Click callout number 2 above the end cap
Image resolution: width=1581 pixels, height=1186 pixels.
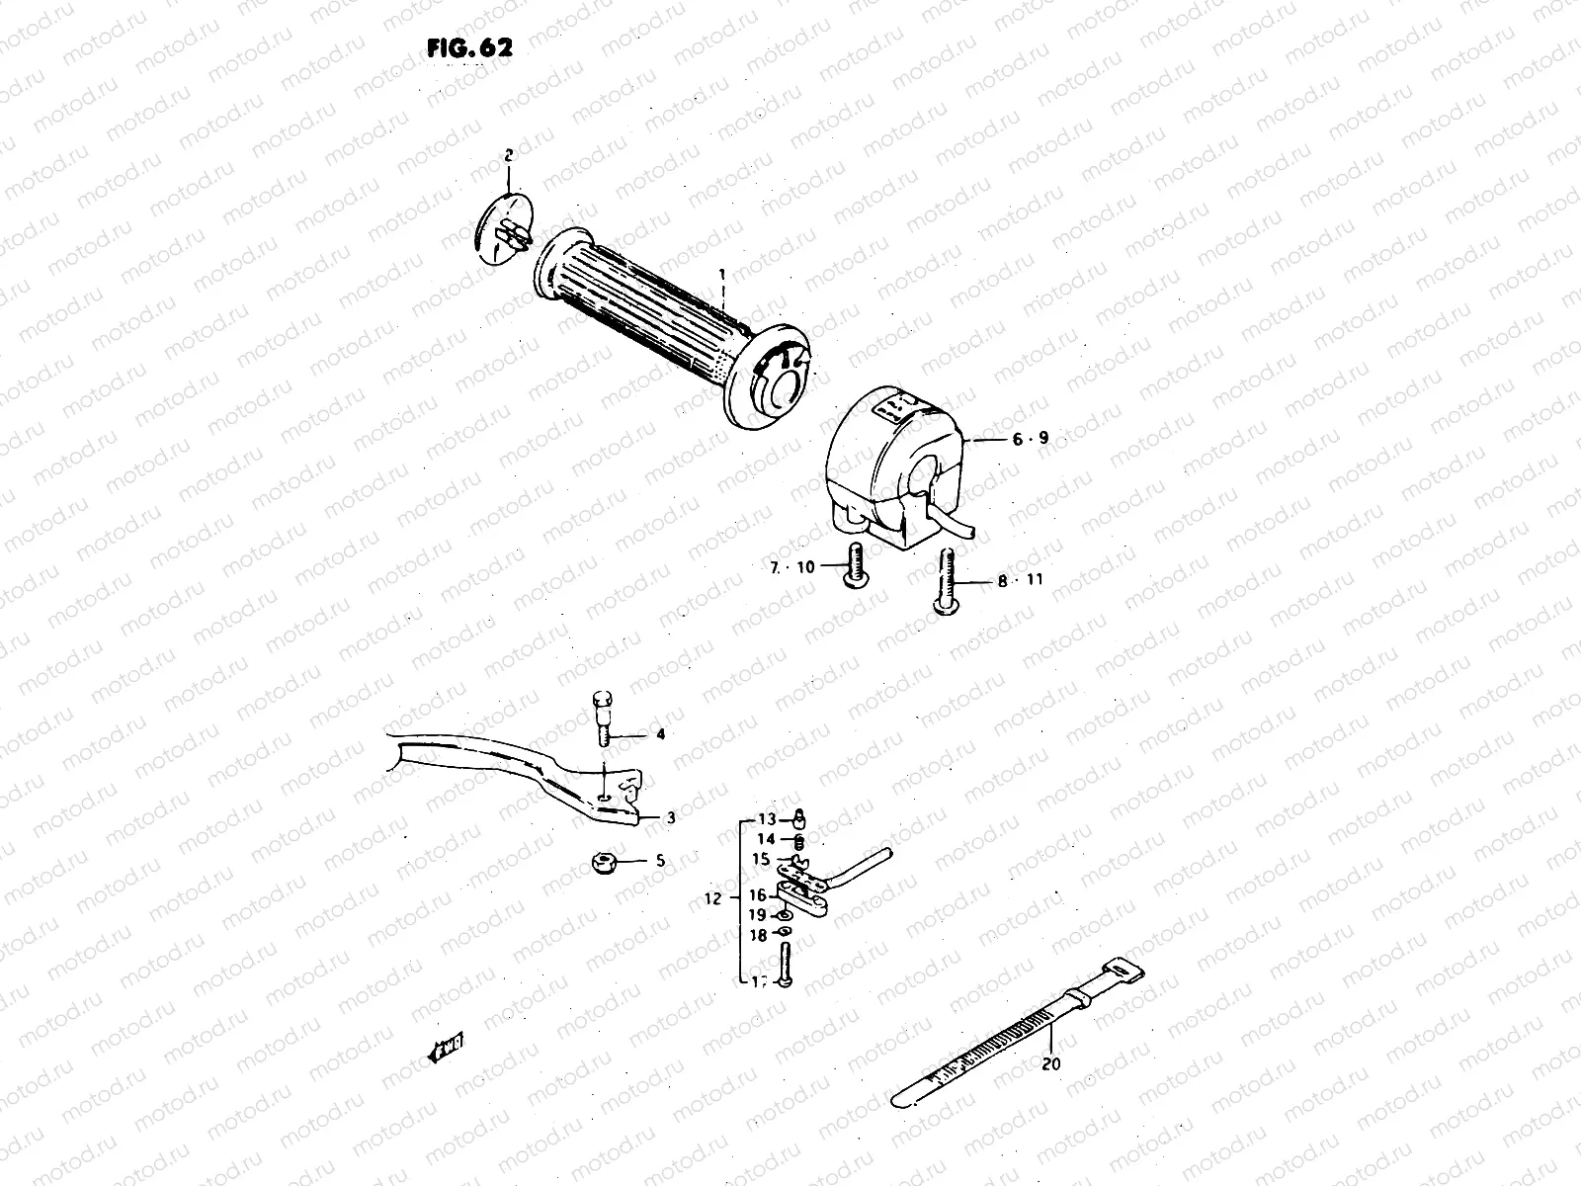[509, 155]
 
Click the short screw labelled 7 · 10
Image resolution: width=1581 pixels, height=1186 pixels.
[853, 565]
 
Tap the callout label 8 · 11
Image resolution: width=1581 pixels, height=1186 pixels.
[1020, 581]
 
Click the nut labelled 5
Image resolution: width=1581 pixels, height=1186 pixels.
[602, 864]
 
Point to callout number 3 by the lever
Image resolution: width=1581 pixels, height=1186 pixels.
[670, 818]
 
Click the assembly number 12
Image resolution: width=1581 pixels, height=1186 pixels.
[716, 899]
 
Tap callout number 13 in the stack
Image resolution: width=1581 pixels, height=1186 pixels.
[768, 819]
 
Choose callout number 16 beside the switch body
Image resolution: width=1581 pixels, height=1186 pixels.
[757, 895]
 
